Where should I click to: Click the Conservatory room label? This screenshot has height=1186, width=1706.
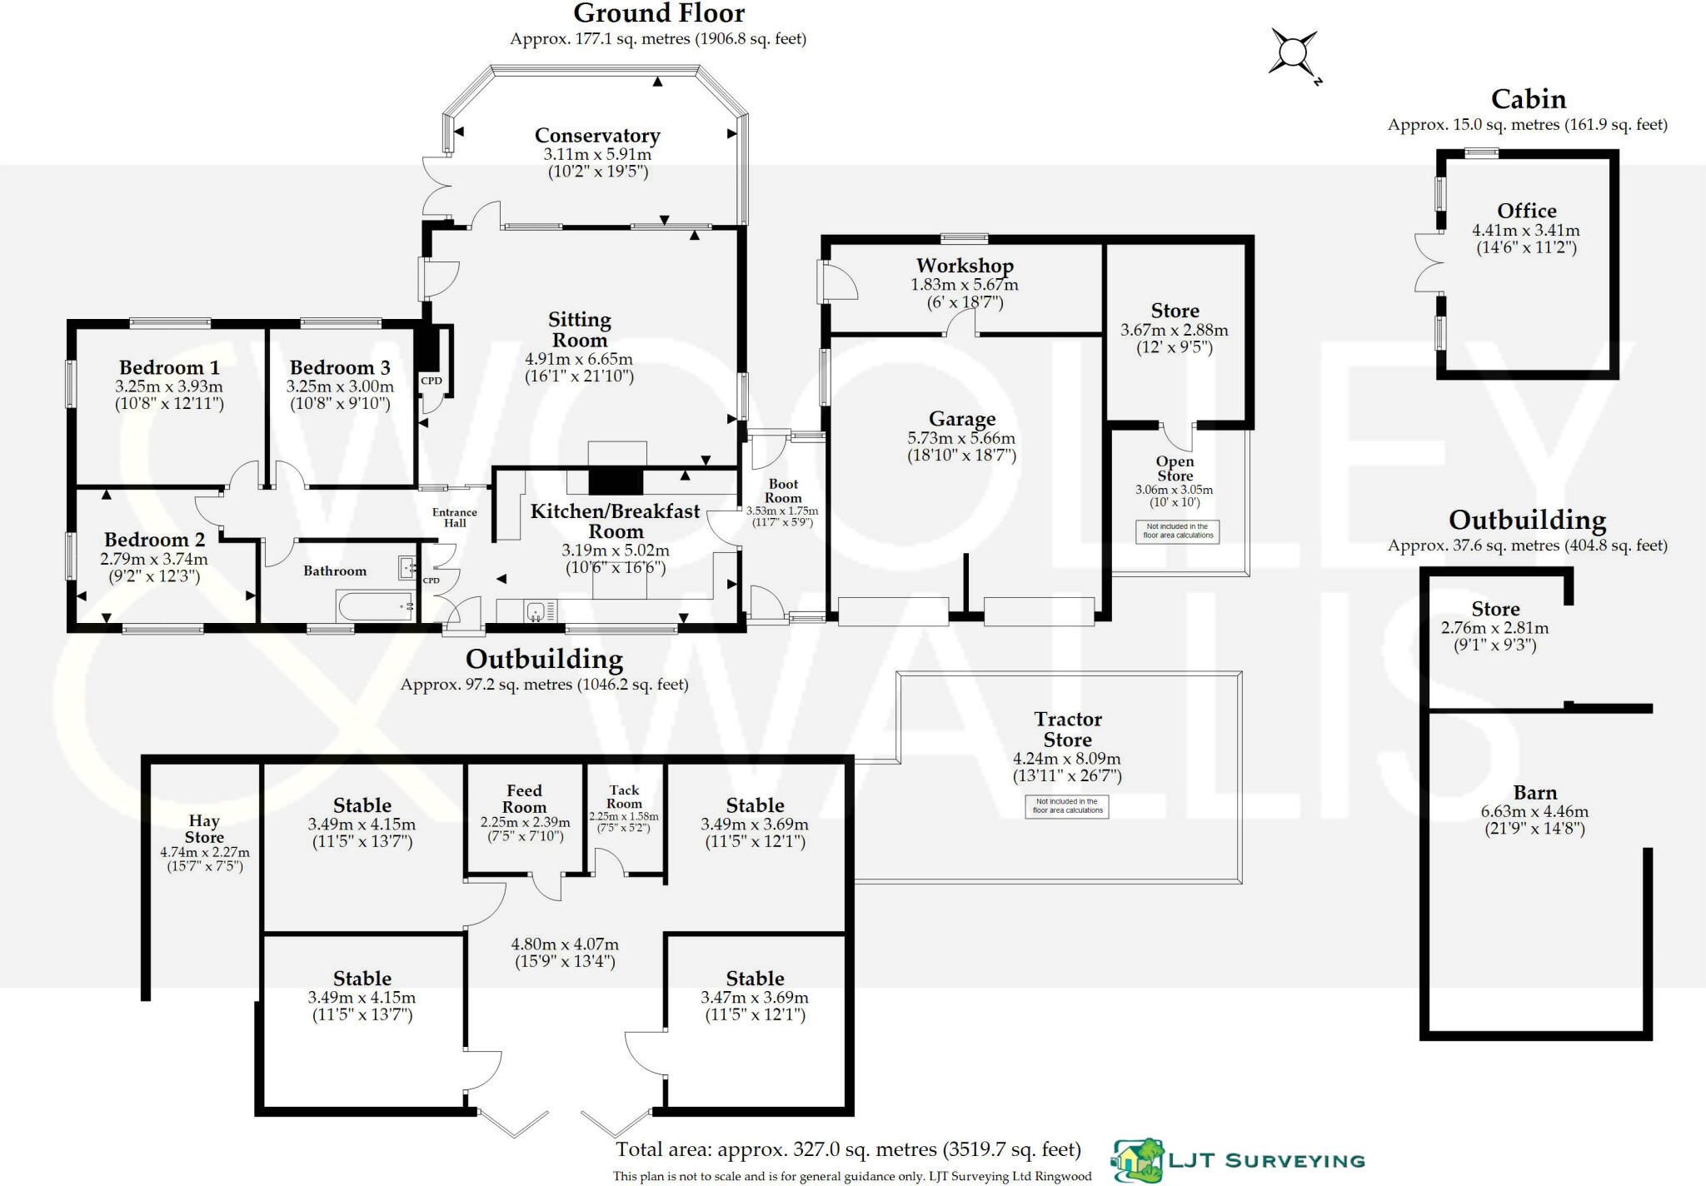click(597, 135)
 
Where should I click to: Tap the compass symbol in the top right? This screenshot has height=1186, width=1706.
click(1293, 54)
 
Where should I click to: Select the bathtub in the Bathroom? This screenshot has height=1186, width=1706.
click(376, 605)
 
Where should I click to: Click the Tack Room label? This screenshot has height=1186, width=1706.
click(624, 796)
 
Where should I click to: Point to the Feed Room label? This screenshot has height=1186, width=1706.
click(524, 798)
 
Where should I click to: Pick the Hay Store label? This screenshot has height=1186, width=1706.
click(204, 829)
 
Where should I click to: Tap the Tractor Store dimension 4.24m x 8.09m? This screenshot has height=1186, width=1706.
click(1067, 759)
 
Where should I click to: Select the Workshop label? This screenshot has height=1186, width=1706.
click(965, 266)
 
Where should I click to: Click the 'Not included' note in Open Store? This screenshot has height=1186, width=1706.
click(1178, 531)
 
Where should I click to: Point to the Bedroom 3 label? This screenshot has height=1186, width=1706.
click(340, 367)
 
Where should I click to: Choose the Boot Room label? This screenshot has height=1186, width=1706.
click(783, 491)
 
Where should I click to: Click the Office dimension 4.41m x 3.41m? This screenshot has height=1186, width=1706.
click(1526, 230)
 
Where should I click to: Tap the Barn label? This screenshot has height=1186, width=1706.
click(1535, 792)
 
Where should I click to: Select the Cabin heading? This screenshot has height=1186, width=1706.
click(1529, 99)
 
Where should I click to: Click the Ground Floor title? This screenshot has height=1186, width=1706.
click(659, 13)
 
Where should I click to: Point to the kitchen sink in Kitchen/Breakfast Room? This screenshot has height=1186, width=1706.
click(536, 612)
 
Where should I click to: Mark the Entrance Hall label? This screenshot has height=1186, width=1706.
click(455, 517)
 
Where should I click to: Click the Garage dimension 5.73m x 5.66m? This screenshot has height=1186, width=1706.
click(961, 438)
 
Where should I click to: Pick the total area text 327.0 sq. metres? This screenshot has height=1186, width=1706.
click(848, 1149)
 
